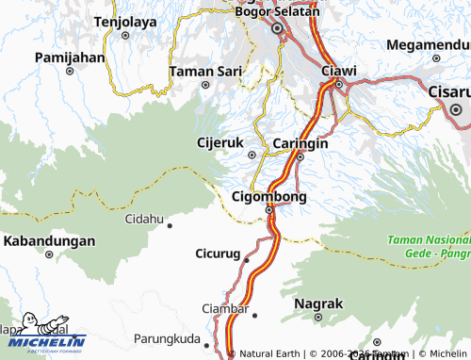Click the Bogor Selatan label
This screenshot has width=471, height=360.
click(276, 12)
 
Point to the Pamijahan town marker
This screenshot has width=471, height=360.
click(69, 71)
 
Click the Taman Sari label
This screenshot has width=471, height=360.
click(204, 71)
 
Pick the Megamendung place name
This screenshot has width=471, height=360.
click(428, 44)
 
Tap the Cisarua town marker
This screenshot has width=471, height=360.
click(456, 108)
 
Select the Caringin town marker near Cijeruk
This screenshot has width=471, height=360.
click(300, 157)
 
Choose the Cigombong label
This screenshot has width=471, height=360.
click(269, 196)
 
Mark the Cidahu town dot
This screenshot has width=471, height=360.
click(170, 225)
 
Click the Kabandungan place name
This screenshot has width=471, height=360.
click(49, 241)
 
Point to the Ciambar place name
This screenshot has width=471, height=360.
click(225, 309)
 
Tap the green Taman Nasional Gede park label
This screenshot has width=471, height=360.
click(428, 247)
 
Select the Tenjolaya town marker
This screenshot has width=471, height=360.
click(125, 35)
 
